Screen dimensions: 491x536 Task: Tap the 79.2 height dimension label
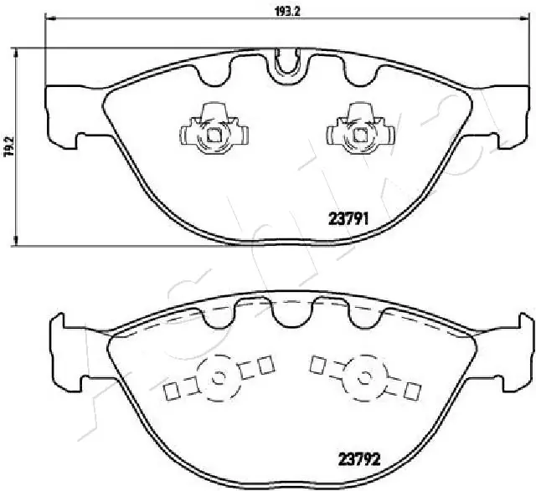8,147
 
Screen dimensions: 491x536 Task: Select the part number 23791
348,219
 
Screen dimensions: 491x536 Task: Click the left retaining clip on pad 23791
213,130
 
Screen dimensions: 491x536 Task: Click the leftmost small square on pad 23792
173,391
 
